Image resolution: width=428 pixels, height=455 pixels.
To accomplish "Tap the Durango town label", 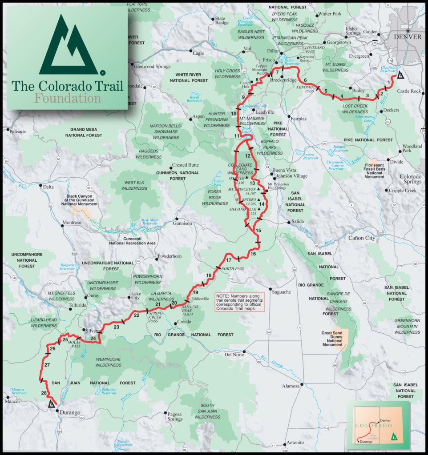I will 71,413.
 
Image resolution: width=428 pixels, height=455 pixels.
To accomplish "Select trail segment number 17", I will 229,260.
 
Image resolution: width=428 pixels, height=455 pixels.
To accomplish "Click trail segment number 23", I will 117,327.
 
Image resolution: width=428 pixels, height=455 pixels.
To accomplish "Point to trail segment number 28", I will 44,393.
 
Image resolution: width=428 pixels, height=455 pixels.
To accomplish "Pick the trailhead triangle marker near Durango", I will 51,404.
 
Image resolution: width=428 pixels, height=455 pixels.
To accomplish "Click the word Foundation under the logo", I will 68,98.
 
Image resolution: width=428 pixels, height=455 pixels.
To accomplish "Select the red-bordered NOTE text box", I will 239,301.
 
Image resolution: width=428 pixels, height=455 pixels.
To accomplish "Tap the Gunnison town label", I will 182,223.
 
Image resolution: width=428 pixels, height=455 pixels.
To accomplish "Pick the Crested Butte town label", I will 185,165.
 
